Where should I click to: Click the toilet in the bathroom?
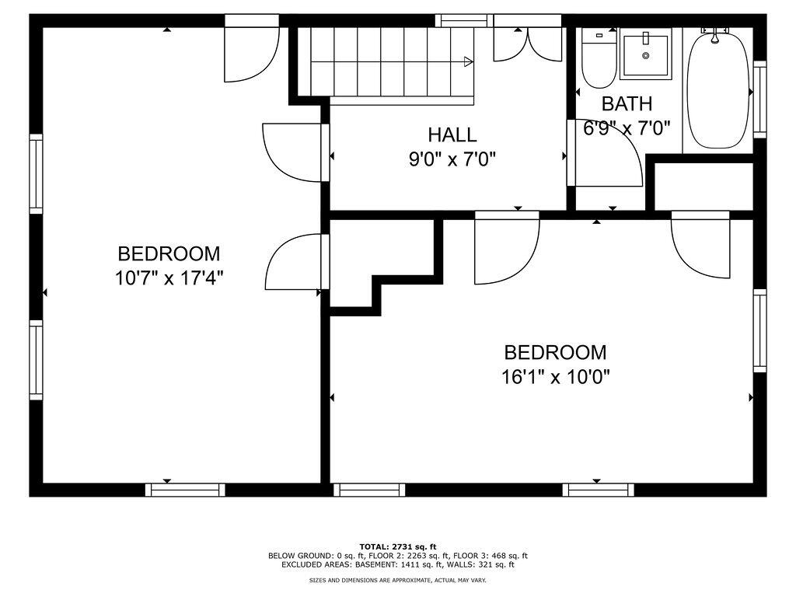(x=599, y=59)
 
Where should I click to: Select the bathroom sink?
(x=645, y=54)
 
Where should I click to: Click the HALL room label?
(x=452, y=134)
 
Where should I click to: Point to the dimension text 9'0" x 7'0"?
(x=452, y=159)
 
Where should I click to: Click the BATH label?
(x=627, y=103)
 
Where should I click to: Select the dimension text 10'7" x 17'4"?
(x=169, y=278)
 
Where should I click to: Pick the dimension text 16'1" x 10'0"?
(x=555, y=377)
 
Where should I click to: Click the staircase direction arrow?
(x=469, y=61)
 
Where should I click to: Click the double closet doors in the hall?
(x=528, y=44)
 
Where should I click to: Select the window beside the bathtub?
(x=759, y=99)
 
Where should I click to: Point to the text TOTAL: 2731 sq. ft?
(x=397, y=546)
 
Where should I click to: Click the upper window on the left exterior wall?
(x=36, y=173)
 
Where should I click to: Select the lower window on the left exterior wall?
(x=36, y=361)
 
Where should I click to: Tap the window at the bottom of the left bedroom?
(x=185, y=490)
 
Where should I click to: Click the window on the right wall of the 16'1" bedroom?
(x=759, y=330)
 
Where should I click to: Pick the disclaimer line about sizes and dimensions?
(x=397, y=580)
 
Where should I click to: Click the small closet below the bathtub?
(x=703, y=187)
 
